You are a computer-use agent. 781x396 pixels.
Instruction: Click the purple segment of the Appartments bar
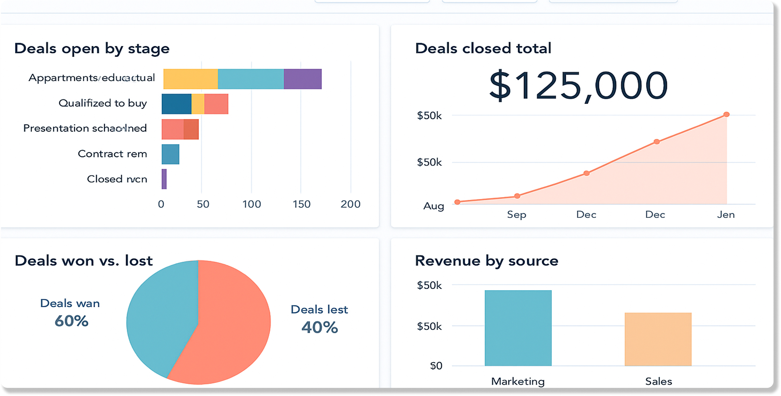pos(302,79)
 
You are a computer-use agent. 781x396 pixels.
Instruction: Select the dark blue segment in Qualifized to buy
pos(176,104)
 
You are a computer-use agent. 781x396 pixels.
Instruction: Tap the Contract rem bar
pos(171,154)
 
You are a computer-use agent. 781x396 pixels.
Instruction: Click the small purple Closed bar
pos(164,179)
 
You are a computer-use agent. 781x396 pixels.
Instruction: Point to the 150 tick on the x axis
pos(301,204)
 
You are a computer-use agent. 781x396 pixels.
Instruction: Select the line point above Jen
pos(726,114)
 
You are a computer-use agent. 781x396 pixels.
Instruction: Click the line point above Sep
pos(517,196)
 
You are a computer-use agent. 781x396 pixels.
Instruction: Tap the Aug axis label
pos(433,206)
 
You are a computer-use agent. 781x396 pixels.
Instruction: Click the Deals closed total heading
pos(483,48)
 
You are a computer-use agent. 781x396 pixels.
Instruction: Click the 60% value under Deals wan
pos(71,321)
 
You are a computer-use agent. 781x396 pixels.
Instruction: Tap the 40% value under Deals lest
pos(320,327)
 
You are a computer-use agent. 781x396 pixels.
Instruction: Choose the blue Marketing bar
pos(518,328)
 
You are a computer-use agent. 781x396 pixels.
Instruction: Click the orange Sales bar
pos(658,339)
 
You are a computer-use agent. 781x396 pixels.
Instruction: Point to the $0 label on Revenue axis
pos(436,366)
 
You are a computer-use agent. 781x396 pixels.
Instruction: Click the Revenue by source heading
pos(486,261)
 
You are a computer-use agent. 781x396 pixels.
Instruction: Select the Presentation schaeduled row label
pos(85,128)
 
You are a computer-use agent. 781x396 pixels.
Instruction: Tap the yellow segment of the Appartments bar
pos(190,79)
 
